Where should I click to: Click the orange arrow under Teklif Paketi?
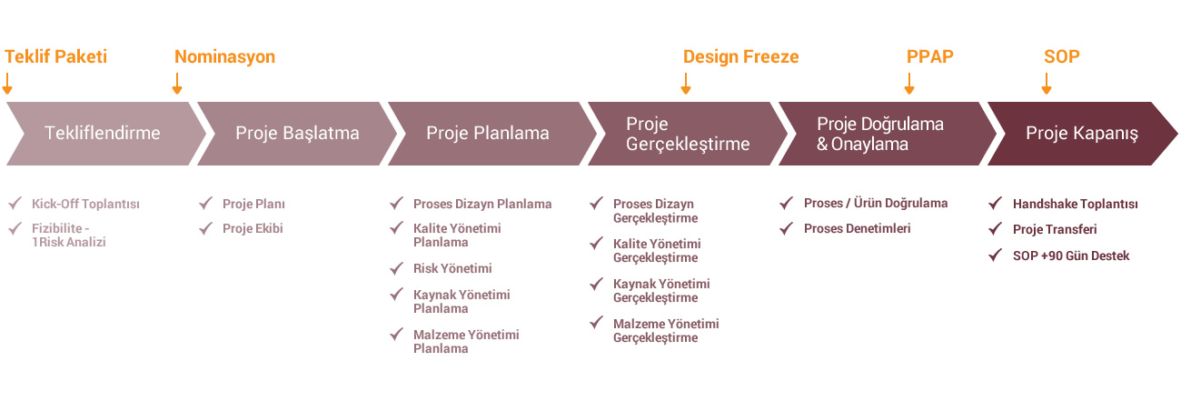pos(7,84)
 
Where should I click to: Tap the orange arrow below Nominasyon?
pos(177,84)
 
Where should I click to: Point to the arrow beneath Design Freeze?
pos(685,84)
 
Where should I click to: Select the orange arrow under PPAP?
pos(909,84)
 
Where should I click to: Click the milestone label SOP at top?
pos(1061,56)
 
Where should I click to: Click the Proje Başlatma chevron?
pos(296,134)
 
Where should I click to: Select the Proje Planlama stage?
pos(488,134)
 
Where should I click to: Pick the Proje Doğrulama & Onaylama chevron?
pos(886,134)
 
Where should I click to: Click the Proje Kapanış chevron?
pos(1082,134)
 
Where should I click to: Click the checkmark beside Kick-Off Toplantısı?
pos(15,203)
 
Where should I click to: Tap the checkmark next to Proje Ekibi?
pos(205,228)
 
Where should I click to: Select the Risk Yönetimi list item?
pos(452,268)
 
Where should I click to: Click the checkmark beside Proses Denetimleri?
pos(786,228)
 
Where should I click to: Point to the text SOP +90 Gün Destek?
pos(1071,256)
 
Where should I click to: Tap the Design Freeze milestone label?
pos(740,56)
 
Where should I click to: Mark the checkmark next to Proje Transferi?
pos(995,229)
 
